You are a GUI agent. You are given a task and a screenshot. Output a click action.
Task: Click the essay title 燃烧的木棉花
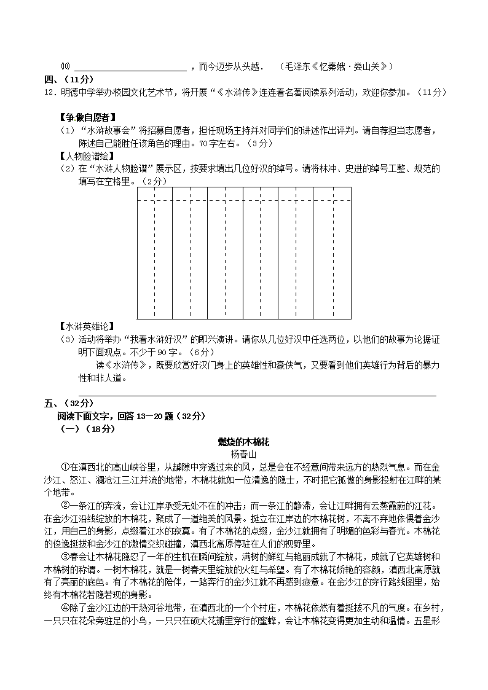pyautogui.click(x=244, y=442)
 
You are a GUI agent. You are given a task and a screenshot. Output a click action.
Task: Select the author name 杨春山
pyautogui.click(x=244, y=454)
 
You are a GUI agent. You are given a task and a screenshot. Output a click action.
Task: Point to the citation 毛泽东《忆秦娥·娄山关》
pyautogui.click(x=336, y=66)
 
